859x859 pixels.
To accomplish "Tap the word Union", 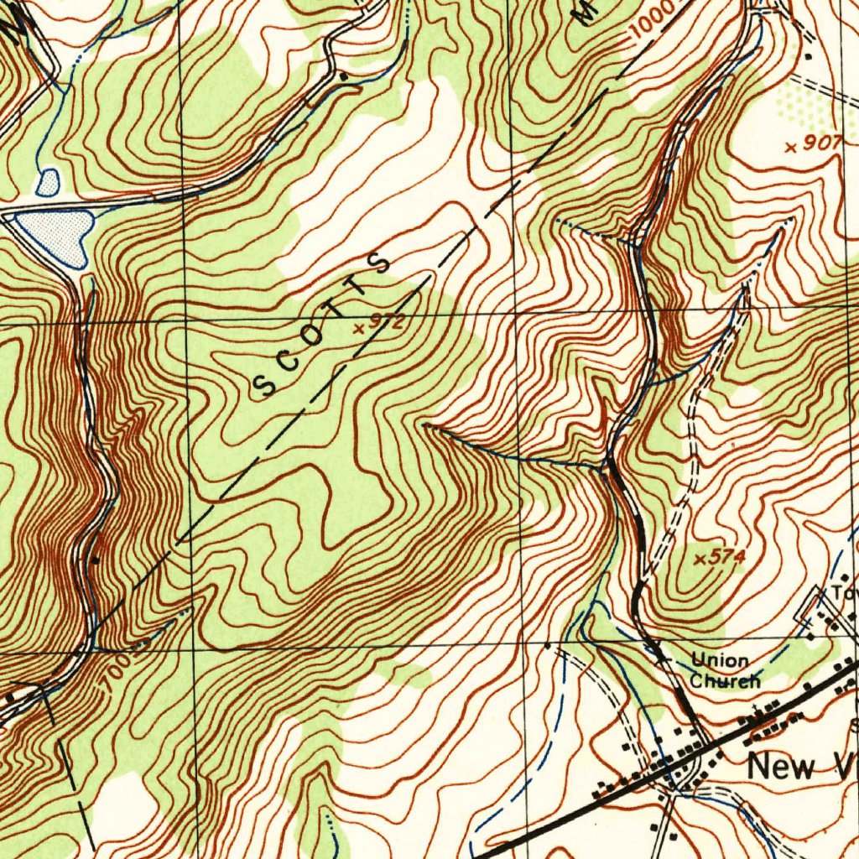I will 720,661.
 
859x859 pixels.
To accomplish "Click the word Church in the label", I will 725,680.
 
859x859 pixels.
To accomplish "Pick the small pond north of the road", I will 48,181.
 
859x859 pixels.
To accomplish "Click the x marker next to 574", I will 701,559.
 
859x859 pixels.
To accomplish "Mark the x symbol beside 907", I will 790,147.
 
